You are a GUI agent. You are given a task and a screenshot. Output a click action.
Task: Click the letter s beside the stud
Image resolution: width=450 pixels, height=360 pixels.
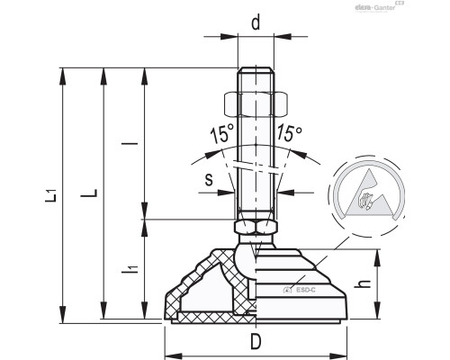208,179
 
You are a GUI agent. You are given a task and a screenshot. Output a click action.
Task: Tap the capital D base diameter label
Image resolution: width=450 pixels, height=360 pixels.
256,343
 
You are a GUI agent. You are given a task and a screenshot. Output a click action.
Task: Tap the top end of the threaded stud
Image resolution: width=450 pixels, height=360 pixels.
256,72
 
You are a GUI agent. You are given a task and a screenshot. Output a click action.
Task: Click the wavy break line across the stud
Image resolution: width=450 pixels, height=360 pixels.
256,169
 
